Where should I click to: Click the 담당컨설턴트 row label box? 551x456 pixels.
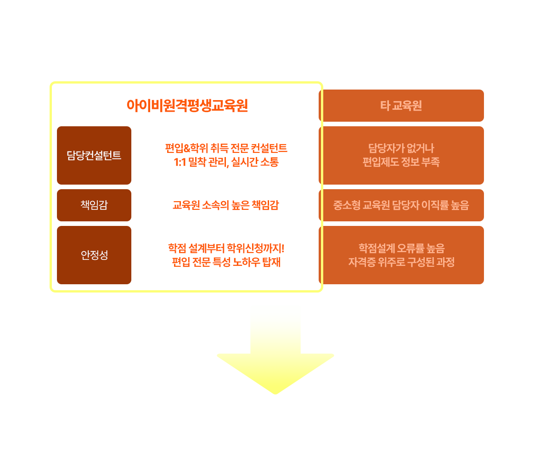(94, 155)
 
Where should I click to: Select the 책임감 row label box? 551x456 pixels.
(94, 205)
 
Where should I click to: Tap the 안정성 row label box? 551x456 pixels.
(94, 255)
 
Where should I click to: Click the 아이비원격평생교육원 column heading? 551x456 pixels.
(187, 106)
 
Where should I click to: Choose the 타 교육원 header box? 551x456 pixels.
(401, 106)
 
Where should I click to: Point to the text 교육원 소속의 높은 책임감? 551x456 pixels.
(225, 205)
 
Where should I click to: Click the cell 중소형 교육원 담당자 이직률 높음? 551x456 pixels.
(401, 205)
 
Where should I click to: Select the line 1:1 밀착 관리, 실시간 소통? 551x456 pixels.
(226, 163)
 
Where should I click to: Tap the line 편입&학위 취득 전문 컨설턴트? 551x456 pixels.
(226, 148)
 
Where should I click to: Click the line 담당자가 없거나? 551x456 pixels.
(401, 148)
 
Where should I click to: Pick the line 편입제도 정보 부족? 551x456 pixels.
(401, 163)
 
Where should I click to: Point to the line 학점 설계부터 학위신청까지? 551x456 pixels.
(226, 248)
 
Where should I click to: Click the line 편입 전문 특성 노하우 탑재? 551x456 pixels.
(226, 263)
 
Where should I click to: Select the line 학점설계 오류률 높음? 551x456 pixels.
(401, 248)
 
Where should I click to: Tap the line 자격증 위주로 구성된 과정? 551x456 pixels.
(401, 263)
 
